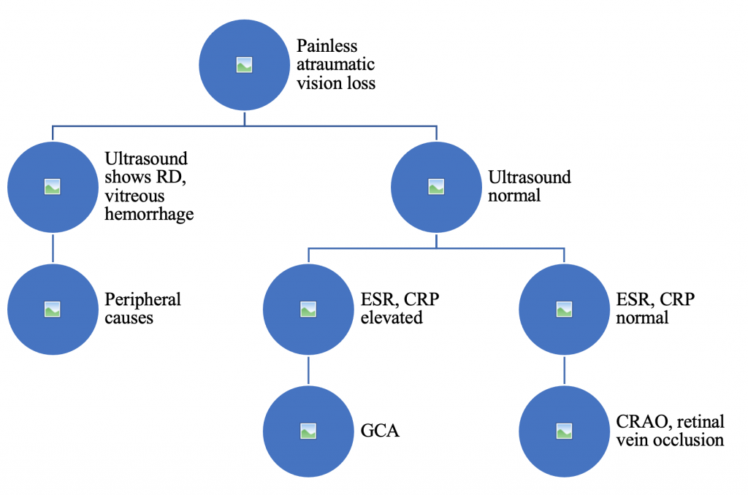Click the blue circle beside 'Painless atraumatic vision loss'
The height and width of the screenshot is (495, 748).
pos(245,65)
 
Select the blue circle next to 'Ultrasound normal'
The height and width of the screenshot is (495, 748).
pos(436,186)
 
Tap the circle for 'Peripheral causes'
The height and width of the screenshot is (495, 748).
pos(52,309)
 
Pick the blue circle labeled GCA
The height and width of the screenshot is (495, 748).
pos(308,431)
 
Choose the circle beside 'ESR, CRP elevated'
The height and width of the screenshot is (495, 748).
pos(308,309)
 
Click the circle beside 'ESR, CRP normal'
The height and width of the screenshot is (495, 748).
pos(563,309)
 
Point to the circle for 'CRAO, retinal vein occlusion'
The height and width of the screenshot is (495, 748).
pos(563,431)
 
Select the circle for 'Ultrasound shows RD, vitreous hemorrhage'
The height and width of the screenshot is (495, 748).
pos(52,186)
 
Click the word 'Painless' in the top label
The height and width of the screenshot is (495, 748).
pos(327,47)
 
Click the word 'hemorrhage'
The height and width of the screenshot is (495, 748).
pos(150,214)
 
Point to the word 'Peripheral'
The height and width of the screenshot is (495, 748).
pos(142,299)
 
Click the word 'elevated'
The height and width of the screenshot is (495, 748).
pos(392,318)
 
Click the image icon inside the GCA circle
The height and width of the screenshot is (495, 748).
pos(308,431)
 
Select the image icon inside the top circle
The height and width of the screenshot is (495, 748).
pos(245,65)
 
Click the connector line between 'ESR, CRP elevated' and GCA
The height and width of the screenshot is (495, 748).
pos(308,370)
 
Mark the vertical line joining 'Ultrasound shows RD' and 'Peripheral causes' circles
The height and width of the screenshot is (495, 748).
pos(52,247)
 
